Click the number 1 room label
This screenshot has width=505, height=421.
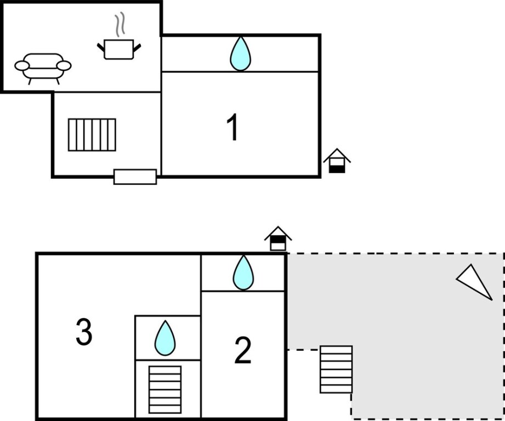pos(233,128)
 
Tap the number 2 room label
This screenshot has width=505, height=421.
pos(242,350)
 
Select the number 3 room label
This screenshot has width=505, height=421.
pos(83,332)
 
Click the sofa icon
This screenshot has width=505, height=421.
pos(43,67)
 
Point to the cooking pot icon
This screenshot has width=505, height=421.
pos(119,49)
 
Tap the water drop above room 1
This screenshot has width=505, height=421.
pos(240,54)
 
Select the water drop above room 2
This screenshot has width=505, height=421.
pos(243,272)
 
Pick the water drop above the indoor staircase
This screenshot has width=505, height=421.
pos(165,338)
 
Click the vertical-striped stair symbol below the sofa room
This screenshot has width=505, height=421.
pos(92,135)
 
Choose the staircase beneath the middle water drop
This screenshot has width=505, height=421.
pos(165,389)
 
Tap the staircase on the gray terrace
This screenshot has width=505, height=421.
pos(336,369)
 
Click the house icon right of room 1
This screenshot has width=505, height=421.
pos(337,161)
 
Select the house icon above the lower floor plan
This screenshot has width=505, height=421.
pos(278,238)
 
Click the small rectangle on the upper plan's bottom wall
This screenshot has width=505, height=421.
pos(135,177)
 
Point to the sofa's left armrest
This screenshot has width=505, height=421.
pos(22,66)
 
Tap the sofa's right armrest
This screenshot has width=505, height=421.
pos(64,66)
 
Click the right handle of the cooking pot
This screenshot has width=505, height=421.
pos(137,48)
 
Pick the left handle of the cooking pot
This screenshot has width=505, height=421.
pos(101,48)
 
